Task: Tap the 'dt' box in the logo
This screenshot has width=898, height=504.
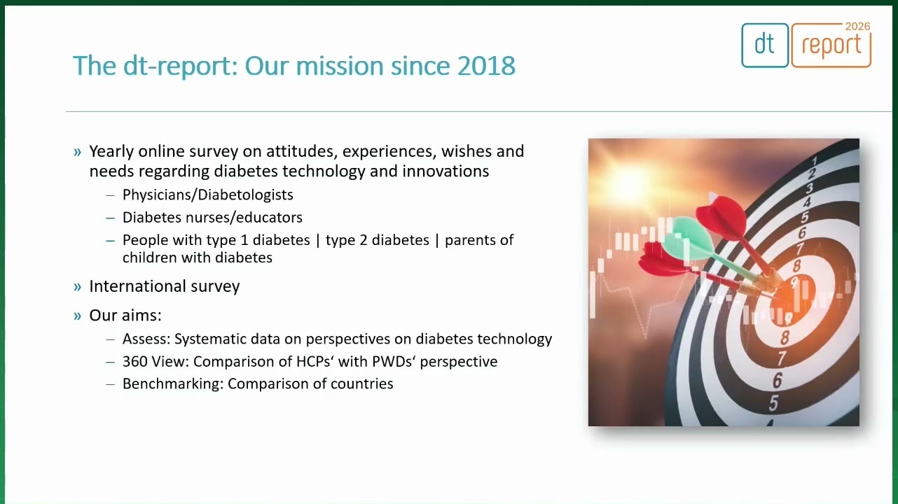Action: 765,45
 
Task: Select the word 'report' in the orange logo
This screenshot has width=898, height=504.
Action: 831,45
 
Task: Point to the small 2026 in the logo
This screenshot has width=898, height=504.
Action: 857,27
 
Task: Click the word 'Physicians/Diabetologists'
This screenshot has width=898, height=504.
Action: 207,195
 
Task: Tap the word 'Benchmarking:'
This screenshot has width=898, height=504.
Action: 173,384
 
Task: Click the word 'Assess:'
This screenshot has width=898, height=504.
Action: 146,339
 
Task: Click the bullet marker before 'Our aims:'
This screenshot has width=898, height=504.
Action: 77,316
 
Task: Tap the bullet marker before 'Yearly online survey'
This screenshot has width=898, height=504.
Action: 77,152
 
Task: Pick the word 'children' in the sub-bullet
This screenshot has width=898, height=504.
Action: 150,258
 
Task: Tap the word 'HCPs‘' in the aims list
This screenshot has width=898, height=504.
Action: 315,361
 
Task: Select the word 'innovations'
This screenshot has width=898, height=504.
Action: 445,171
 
